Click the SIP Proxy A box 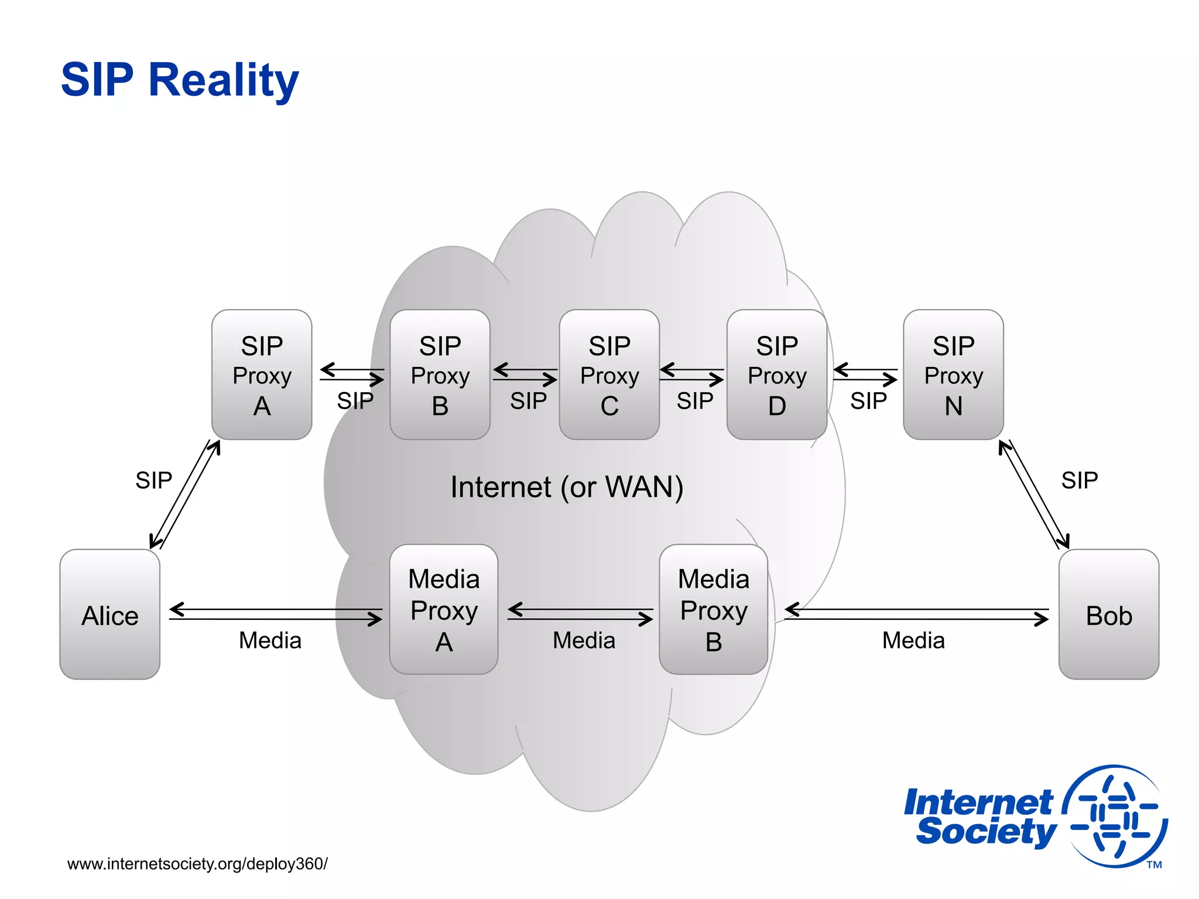point(262,375)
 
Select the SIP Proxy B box point(440,375)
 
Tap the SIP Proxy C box point(609,375)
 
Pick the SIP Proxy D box point(776,375)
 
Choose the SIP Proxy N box point(953,375)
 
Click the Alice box point(110,614)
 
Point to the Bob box point(1108,614)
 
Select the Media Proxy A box point(444,609)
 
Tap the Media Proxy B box point(713,609)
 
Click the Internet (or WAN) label point(567,487)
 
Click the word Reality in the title point(224,80)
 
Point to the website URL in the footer point(197,864)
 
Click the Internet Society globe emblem point(1115,816)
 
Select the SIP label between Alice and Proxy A point(153,481)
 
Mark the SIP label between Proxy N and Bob point(1080,481)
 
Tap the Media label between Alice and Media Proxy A point(270,640)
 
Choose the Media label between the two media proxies point(584,640)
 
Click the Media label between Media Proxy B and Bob point(913,640)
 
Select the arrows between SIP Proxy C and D point(692,375)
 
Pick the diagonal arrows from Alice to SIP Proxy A point(185,495)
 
